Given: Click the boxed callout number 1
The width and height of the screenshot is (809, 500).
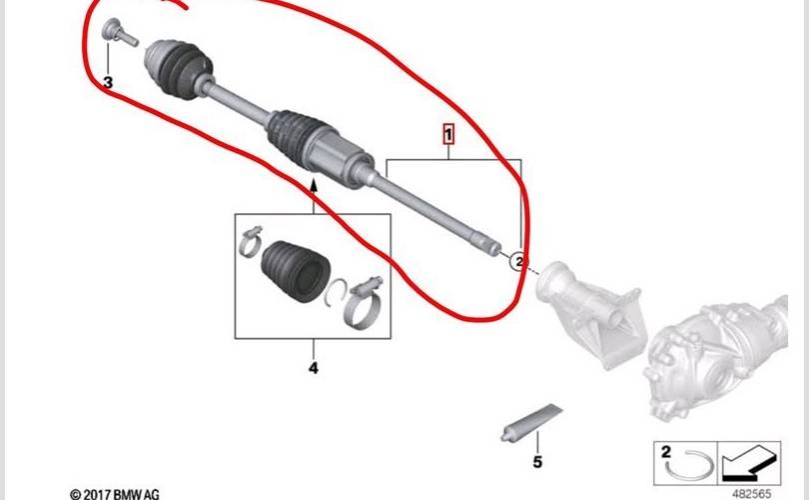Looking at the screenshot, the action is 448,135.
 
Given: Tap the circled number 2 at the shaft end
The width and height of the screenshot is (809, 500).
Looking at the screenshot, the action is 518,261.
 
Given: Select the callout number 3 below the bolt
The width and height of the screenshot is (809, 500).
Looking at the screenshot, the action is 108,82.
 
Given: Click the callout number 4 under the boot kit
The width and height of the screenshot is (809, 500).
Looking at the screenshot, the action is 314,368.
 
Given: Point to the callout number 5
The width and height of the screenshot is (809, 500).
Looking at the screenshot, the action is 537,461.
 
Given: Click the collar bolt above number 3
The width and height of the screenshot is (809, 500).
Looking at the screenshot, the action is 119,32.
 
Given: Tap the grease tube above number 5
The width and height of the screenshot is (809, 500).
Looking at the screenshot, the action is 531,423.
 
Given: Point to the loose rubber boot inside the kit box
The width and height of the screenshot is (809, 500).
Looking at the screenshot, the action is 296,270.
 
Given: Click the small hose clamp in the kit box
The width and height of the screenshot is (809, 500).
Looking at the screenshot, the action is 251,242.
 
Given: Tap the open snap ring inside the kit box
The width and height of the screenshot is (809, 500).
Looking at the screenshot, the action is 331,293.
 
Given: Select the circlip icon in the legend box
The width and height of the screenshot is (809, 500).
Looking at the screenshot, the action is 690,465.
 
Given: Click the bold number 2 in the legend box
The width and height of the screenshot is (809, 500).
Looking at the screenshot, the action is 666,452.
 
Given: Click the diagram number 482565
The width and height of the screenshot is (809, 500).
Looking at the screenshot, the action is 751,494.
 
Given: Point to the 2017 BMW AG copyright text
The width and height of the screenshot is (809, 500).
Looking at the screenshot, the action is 115,494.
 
